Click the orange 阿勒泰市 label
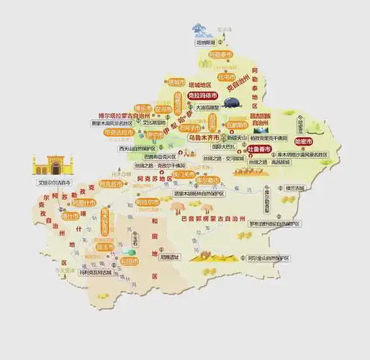[220, 55]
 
